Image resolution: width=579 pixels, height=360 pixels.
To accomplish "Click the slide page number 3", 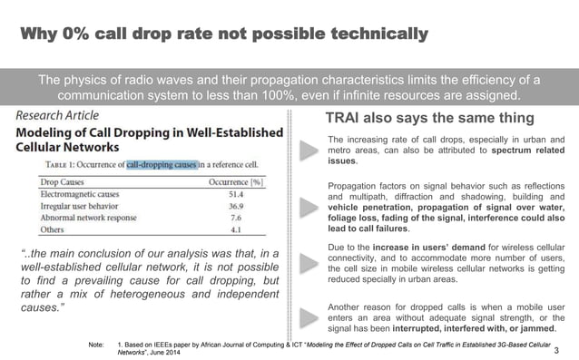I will point(556,349).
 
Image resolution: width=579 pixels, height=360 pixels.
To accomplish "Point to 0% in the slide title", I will point(83,34).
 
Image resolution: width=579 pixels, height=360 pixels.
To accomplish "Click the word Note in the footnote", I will point(93,345).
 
